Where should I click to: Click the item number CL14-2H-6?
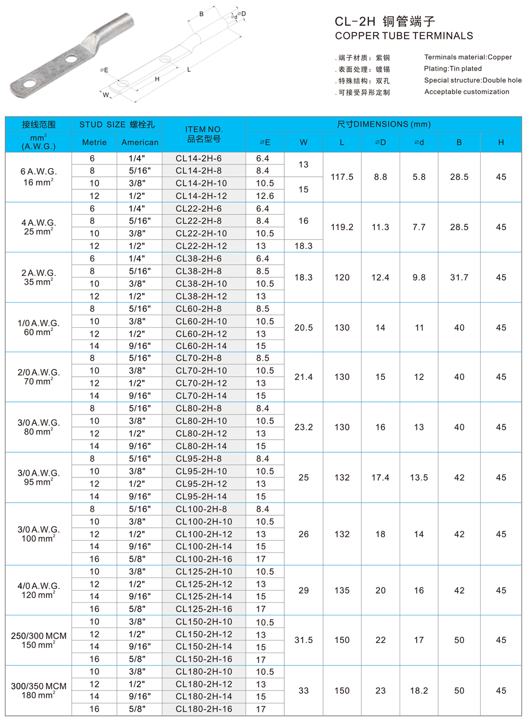[x=198, y=158]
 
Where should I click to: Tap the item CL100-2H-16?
[x=203, y=559]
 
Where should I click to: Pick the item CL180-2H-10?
[x=203, y=672]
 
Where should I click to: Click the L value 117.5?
[x=342, y=177]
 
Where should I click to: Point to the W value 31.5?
[x=303, y=640]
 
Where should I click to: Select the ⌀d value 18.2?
[x=419, y=691]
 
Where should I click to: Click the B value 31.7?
[x=459, y=278]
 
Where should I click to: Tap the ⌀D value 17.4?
[x=380, y=478]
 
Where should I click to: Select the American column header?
[x=140, y=142]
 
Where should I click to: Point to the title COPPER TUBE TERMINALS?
[x=404, y=36]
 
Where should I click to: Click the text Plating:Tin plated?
[x=453, y=69]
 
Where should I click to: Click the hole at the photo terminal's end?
[x=29, y=84]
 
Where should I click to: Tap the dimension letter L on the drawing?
[x=189, y=70]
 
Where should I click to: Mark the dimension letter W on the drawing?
[x=106, y=95]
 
